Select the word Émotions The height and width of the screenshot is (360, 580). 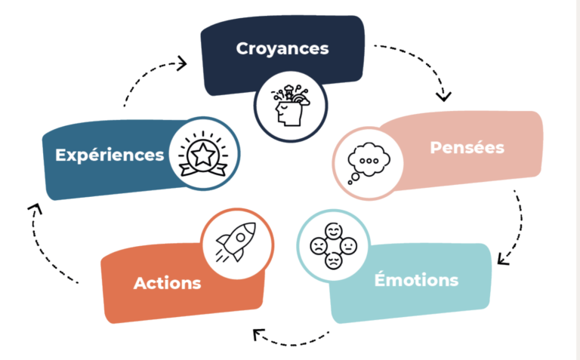pos(416,280)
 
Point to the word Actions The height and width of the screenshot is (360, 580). pos(167,284)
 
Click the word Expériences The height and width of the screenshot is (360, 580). pos(110,155)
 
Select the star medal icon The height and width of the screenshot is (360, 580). pos(202,155)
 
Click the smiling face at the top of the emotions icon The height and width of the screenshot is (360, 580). pos(332,232)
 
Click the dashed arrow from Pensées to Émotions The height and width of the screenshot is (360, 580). pos(514,226)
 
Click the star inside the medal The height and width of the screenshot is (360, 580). pos(202,154)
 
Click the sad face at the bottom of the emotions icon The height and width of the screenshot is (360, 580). pos(332,260)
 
